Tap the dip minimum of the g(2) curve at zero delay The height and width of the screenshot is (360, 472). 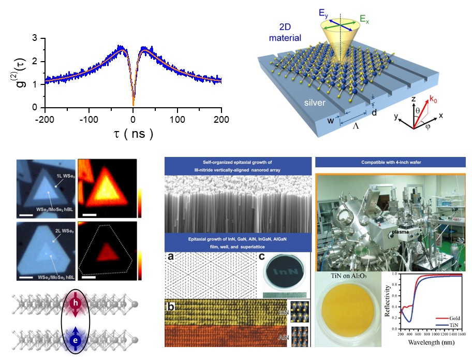(134, 104)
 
